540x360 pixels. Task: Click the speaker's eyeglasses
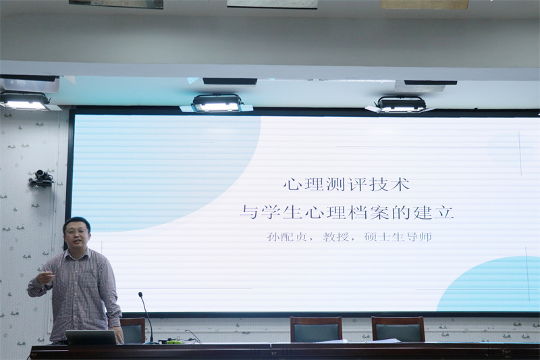tap(76, 232)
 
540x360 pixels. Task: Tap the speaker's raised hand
tap(46, 277)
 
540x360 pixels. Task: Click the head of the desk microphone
tap(140, 295)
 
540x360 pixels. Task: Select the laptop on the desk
tap(91, 337)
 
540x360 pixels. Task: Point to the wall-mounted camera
tap(41, 178)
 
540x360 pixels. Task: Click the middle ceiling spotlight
tap(217, 103)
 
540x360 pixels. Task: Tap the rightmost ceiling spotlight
tap(401, 104)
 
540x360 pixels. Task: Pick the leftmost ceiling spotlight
tap(24, 101)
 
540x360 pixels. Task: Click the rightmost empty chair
tap(398, 330)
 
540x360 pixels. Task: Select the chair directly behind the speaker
tap(132, 330)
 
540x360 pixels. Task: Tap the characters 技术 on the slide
tap(390, 184)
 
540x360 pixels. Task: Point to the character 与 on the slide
tap(248, 212)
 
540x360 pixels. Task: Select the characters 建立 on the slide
tap(433, 212)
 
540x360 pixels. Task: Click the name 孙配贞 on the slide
tap(287, 237)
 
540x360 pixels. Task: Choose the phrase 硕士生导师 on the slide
tap(398, 237)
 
